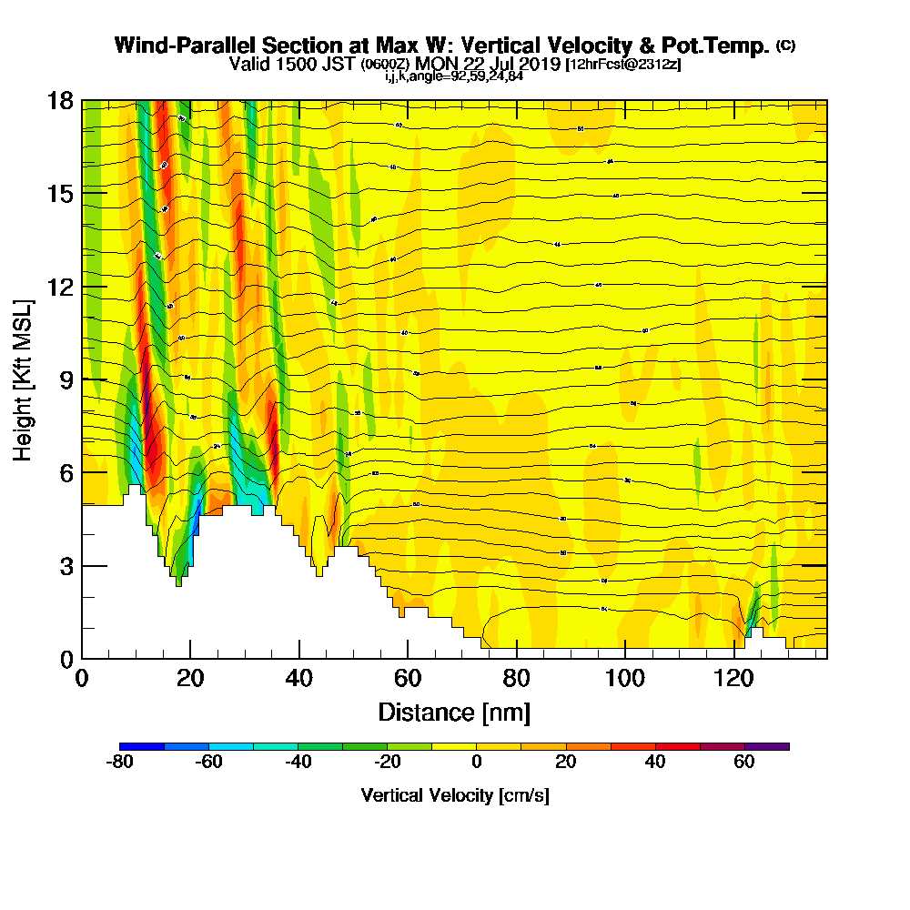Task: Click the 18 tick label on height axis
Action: coord(60,100)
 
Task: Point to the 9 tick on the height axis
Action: coord(83,379)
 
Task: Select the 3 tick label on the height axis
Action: coord(66,566)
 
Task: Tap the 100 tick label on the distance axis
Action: coord(625,680)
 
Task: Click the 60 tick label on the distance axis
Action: coord(408,680)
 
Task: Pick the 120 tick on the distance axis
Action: coord(734,658)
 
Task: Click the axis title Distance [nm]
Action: coord(454,712)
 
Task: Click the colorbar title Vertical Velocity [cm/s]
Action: coord(454,795)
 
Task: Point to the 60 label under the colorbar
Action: coord(744,763)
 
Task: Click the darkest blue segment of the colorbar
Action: coord(142,746)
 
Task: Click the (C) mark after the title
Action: coord(785,45)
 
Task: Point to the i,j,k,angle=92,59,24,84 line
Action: coord(454,76)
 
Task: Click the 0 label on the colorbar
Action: coord(476,763)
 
